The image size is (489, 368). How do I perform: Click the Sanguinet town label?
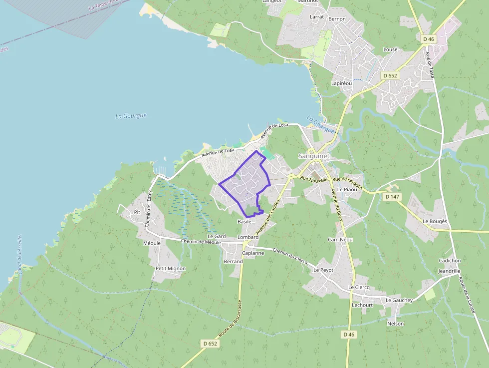(314, 156)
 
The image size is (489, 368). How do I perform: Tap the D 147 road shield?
(393, 197)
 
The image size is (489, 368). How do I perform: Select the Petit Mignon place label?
(171, 269)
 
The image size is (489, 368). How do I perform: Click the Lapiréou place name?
(342, 83)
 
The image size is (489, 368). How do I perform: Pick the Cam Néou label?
(340, 240)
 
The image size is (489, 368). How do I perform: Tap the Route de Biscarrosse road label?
(231, 319)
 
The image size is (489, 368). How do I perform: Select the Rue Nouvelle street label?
(314, 178)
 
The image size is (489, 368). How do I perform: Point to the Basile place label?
(244, 221)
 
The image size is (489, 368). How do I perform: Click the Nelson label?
(396, 324)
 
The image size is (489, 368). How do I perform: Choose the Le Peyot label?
(323, 270)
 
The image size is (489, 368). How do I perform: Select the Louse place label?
(390, 49)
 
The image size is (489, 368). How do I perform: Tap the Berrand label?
(234, 262)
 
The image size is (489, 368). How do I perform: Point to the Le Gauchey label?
(399, 300)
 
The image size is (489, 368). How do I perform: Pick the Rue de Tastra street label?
(430, 65)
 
